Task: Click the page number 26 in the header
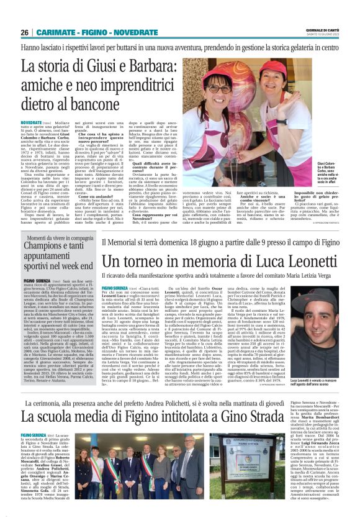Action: pos(25,32)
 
